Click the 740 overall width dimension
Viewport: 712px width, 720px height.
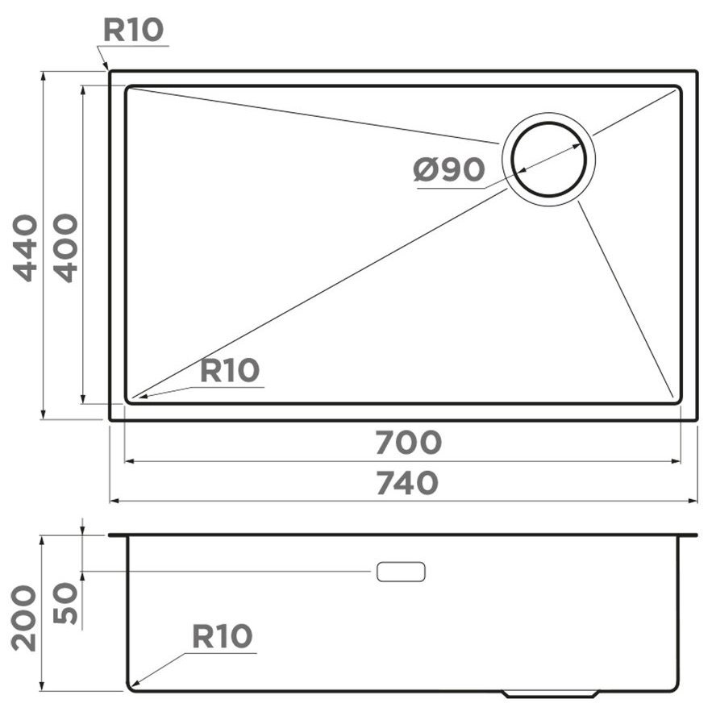click(407, 483)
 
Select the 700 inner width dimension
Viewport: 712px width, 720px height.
click(408, 442)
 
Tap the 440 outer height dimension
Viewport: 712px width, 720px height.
click(25, 248)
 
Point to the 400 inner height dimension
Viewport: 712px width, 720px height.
click(65, 248)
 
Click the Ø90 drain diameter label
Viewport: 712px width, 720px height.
click(449, 169)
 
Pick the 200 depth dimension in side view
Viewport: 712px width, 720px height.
click(23, 618)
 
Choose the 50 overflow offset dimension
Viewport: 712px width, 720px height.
click(65, 603)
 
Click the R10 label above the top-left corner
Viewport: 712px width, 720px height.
click(133, 30)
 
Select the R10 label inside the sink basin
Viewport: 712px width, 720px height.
click(230, 371)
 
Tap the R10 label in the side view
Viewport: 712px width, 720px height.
click(223, 636)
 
